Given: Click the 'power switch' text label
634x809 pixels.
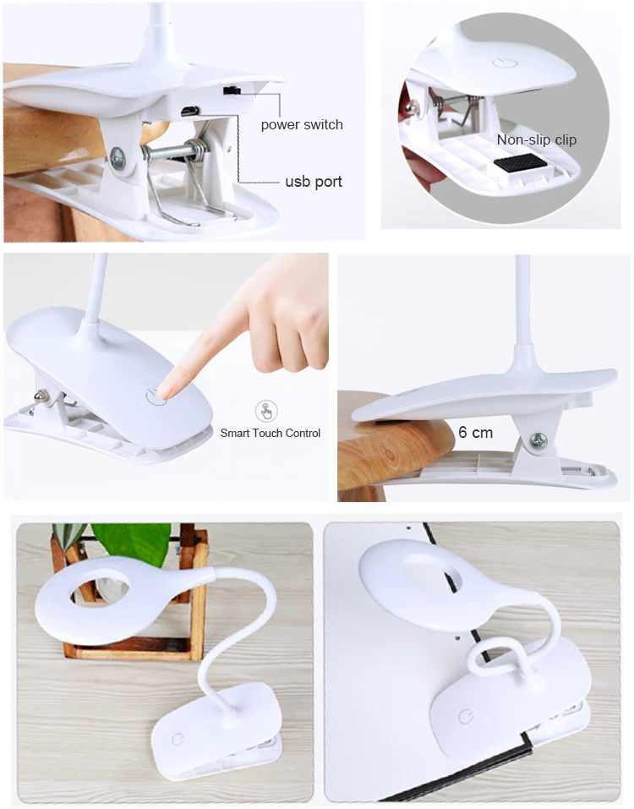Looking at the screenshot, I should (x=302, y=124).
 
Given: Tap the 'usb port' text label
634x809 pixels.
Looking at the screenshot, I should (x=313, y=182).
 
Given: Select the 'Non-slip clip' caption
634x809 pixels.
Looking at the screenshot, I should (x=536, y=140).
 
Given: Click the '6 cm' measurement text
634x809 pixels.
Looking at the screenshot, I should (x=475, y=432).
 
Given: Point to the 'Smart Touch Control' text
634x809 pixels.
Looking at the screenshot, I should (x=271, y=433).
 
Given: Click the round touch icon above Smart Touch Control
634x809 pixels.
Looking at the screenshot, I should (x=267, y=412).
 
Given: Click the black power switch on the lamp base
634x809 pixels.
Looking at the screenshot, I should (x=231, y=90).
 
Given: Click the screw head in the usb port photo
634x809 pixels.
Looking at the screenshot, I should (x=117, y=156).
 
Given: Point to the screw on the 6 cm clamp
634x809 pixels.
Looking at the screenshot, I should (x=538, y=440).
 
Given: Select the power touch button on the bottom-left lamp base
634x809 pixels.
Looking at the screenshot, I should (x=177, y=739).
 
